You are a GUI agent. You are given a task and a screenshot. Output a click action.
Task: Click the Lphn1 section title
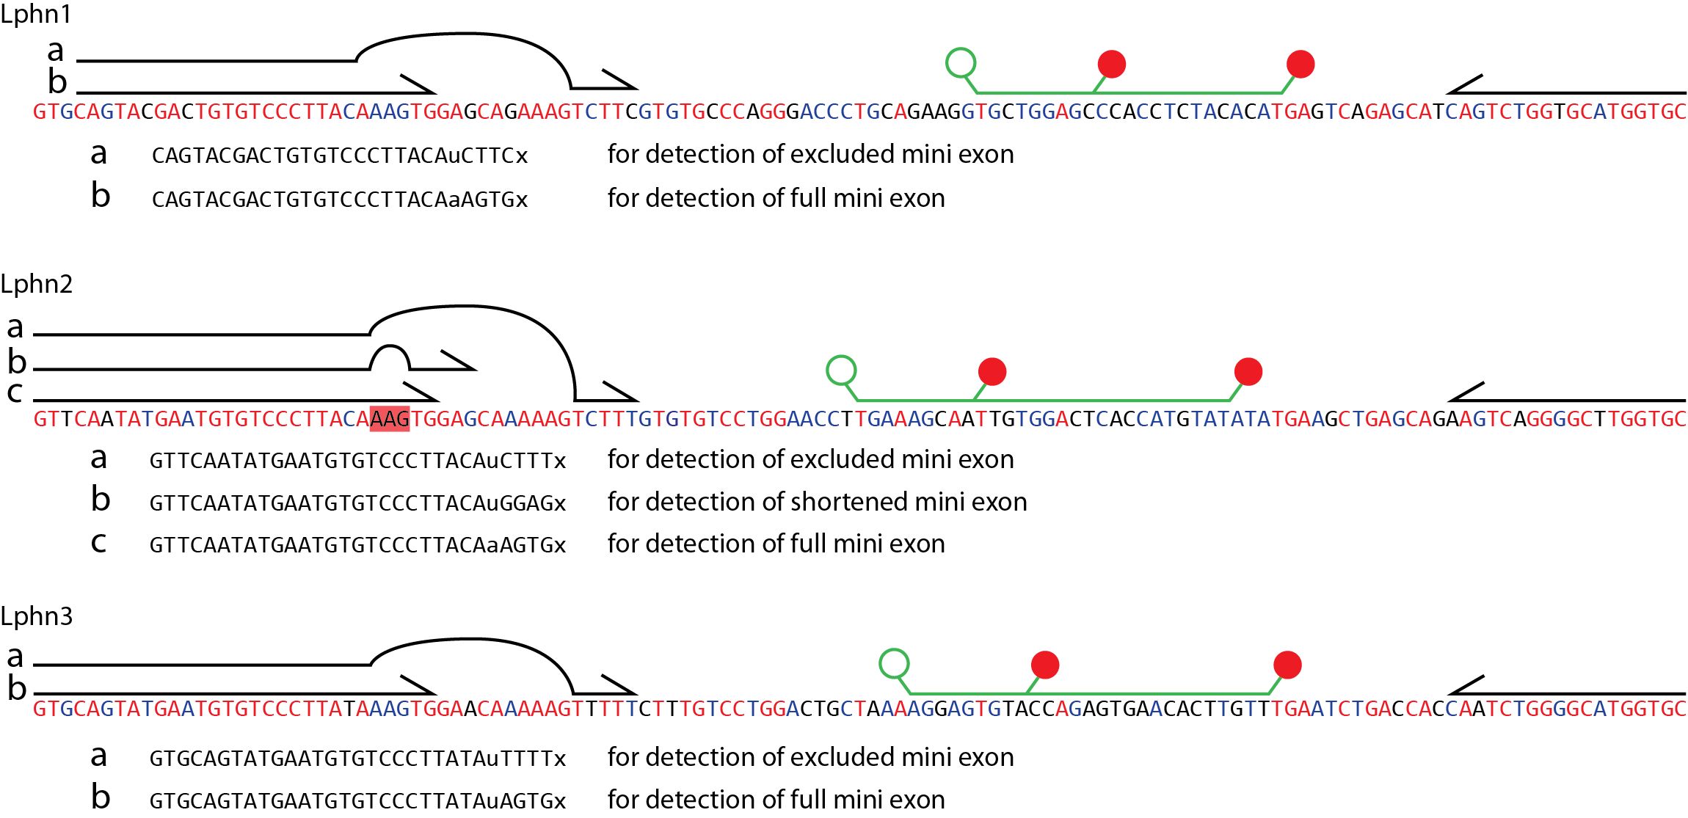point(36,14)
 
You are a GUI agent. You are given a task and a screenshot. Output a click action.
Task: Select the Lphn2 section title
point(37,284)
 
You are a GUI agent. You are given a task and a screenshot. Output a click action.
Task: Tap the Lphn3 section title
point(37,616)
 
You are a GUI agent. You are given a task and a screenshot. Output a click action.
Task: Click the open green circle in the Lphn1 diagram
point(961,62)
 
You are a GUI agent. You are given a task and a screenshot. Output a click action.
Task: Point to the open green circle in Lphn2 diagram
point(841,370)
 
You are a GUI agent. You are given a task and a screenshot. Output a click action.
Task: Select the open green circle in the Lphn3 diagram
point(894,663)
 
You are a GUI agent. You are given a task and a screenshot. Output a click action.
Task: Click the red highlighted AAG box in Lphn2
point(390,418)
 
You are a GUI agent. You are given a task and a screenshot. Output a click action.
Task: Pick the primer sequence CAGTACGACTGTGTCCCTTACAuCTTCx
point(340,156)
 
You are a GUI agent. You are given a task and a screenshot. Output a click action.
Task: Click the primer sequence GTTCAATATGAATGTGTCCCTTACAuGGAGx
point(357,503)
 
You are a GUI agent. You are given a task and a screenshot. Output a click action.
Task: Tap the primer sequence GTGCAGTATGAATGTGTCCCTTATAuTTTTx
point(357,759)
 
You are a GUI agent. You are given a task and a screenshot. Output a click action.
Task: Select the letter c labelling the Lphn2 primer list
point(98,543)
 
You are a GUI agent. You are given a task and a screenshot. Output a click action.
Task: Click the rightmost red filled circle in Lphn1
point(1300,64)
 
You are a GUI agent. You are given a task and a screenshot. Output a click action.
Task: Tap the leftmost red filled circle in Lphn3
point(1045,665)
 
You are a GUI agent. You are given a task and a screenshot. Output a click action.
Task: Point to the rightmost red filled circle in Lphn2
point(1248,371)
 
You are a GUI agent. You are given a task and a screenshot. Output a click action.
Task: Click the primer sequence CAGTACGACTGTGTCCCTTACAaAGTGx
point(340,200)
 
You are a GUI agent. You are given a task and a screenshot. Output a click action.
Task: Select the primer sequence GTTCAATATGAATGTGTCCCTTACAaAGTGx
point(357,545)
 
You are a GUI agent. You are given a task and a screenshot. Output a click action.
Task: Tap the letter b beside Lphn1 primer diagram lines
point(57,81)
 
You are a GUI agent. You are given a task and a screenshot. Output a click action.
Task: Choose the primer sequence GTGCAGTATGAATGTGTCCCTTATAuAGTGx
point(357,800)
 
